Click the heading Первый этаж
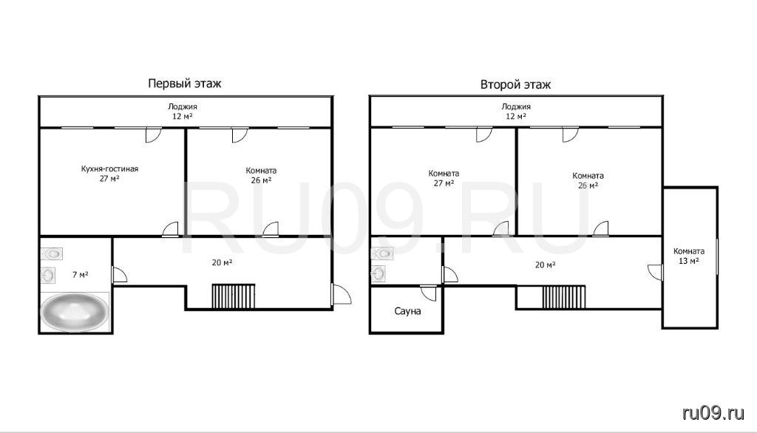[x=184, y=83]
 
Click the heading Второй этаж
[x=515, y=85]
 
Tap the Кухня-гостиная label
[x=109, y=169]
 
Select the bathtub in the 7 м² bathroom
[x=75, y=312]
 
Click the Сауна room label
[x=407, y=311]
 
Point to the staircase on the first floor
[x=233, y=296]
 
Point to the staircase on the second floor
[x=564, y=297]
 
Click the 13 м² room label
[x=689, y=256]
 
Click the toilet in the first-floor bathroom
[x=51, y=253]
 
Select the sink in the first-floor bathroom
[x=47, y=275]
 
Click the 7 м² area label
[x=80, y=275]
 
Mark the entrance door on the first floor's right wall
[x=341, y=294]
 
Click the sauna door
[x=429, y=293]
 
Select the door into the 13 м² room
[x=655, y=272]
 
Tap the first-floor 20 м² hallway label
[x=222, y=262]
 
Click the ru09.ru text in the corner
[x=713, y=413]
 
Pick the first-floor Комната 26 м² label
[x=261, y=175]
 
